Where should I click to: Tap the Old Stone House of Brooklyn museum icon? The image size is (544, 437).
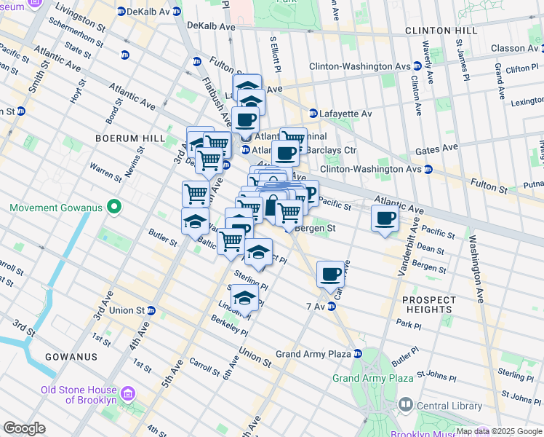click(x=129, y=394)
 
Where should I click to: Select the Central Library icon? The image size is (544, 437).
click(x=405, y=403)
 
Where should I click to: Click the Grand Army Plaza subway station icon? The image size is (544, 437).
click(x=358, y=354)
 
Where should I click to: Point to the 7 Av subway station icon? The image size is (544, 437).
click(x=331, y=307)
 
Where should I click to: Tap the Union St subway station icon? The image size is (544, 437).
click(x=151, y=310)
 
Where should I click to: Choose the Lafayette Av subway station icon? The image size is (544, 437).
click(x=313, y=114)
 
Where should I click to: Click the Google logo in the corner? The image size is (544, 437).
click(x=24, y=428)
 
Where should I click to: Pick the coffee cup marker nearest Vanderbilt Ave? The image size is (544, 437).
click(x=385, y=217)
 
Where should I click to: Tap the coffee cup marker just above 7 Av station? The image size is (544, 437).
click(x=330, y=274)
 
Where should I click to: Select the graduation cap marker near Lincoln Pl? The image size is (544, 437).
click(x=245, y=299)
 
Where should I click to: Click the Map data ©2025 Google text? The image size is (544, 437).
click(x=499, y=431)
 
